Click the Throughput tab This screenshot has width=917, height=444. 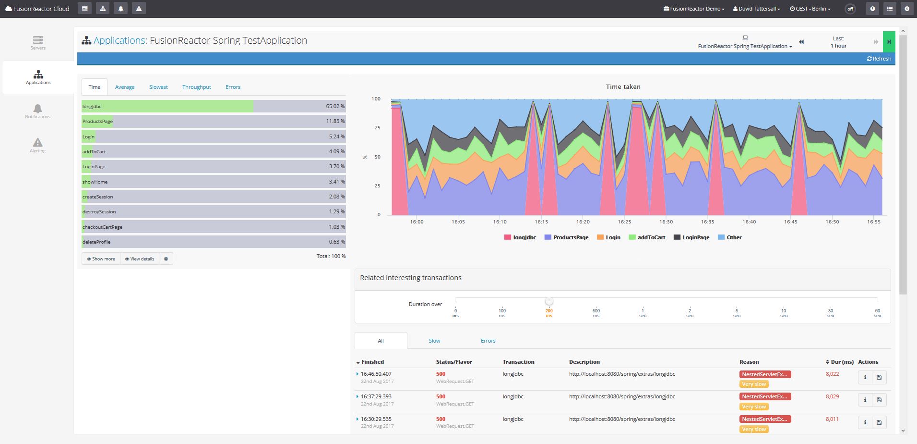point(196,87)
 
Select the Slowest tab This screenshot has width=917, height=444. point(158,87)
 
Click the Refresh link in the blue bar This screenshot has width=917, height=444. point(879,59)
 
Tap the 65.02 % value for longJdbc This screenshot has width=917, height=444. point(335,106)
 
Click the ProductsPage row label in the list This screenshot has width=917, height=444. point(97,122)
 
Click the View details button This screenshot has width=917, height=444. point(140,259)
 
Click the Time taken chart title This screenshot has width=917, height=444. point(623,87)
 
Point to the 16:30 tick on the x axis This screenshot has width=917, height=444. point(666,222)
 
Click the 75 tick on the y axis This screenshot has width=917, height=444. point(377,128)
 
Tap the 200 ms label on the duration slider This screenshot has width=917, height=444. point(548,313)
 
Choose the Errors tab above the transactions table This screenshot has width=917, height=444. point(488,341)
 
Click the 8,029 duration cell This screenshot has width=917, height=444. point(832,396)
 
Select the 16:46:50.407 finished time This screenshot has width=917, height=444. point(376,374)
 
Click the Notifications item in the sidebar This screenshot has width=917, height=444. point(37,111)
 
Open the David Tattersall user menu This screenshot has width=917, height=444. point(757,9)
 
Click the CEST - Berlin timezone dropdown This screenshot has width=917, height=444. point(810,9)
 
